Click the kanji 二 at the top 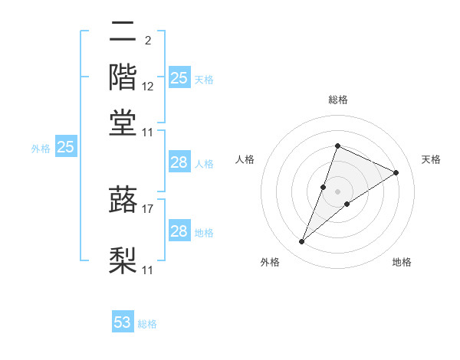point(123,33)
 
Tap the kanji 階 point(123,77)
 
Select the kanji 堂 point(123,122)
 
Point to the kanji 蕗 point(123,200)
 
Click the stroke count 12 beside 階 point(148,87)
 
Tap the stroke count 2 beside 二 point(147,41)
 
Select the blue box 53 point(123,322)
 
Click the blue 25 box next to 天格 point(179,77)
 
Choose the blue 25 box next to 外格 point(66,147)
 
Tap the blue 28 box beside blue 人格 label point(179,162)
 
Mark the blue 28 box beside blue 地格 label point(179,231)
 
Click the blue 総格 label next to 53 point(147,324)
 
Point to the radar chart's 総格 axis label point(338,100)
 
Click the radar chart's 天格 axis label point(432,159)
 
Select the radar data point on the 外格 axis point(302,242)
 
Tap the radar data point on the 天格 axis point(396,172)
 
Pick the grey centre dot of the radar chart point(338,191)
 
